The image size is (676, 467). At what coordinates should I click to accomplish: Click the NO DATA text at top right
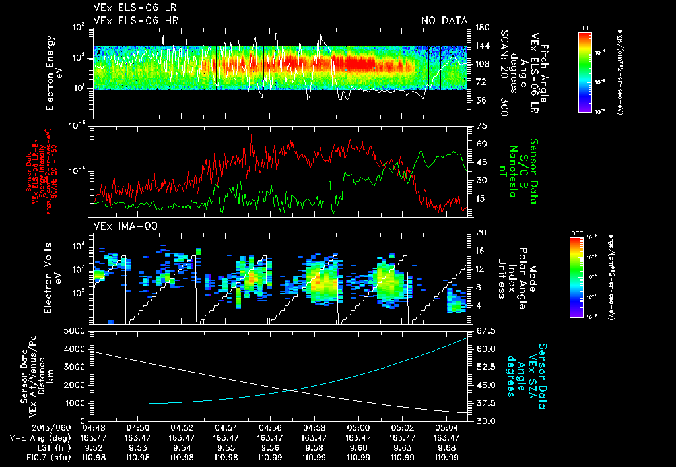(x=444, y=21)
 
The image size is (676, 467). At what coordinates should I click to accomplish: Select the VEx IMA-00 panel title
(x=121, y=226)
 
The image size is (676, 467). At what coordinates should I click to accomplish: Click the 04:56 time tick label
(x=270, y=427)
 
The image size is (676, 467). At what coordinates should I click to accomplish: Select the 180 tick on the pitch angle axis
(x=481, y=28)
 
